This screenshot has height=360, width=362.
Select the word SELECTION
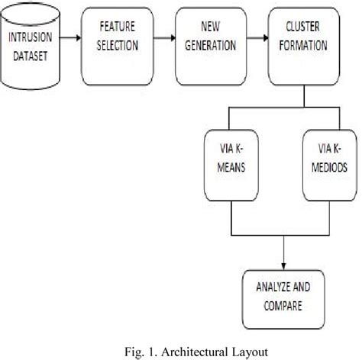(118, 46)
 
